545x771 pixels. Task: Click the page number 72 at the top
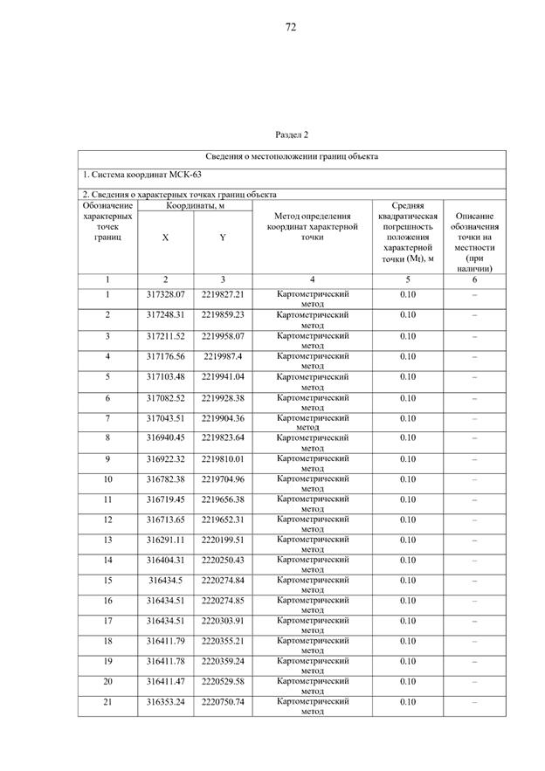(x=291, y=27)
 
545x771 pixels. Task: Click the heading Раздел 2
(x=292, y=135)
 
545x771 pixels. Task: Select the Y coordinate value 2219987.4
(x=223, y=356)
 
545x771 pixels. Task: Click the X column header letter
(x=166, y=237)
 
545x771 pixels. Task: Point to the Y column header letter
(x=223, y=237)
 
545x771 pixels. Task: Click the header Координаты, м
(x=195, y=205)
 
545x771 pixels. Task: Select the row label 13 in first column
(x=107, y=540)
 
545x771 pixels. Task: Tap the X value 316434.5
(x=166, y=581)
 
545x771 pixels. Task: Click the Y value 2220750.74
(x=223, y=702)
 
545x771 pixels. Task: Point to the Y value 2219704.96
(x=223, y=479)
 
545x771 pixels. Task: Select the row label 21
(x=107, y=702)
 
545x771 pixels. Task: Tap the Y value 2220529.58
(x=223, y=682)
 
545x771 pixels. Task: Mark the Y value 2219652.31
(x=223, y=520)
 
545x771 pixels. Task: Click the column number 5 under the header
(x=408, y=279)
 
